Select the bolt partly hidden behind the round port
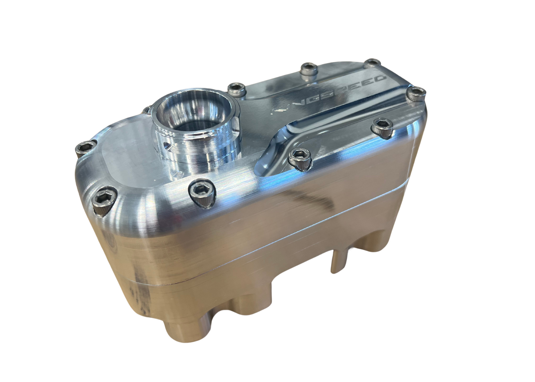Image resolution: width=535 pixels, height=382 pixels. click(x=147, y=110)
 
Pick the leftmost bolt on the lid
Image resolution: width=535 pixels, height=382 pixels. click(x=83, y=149)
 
